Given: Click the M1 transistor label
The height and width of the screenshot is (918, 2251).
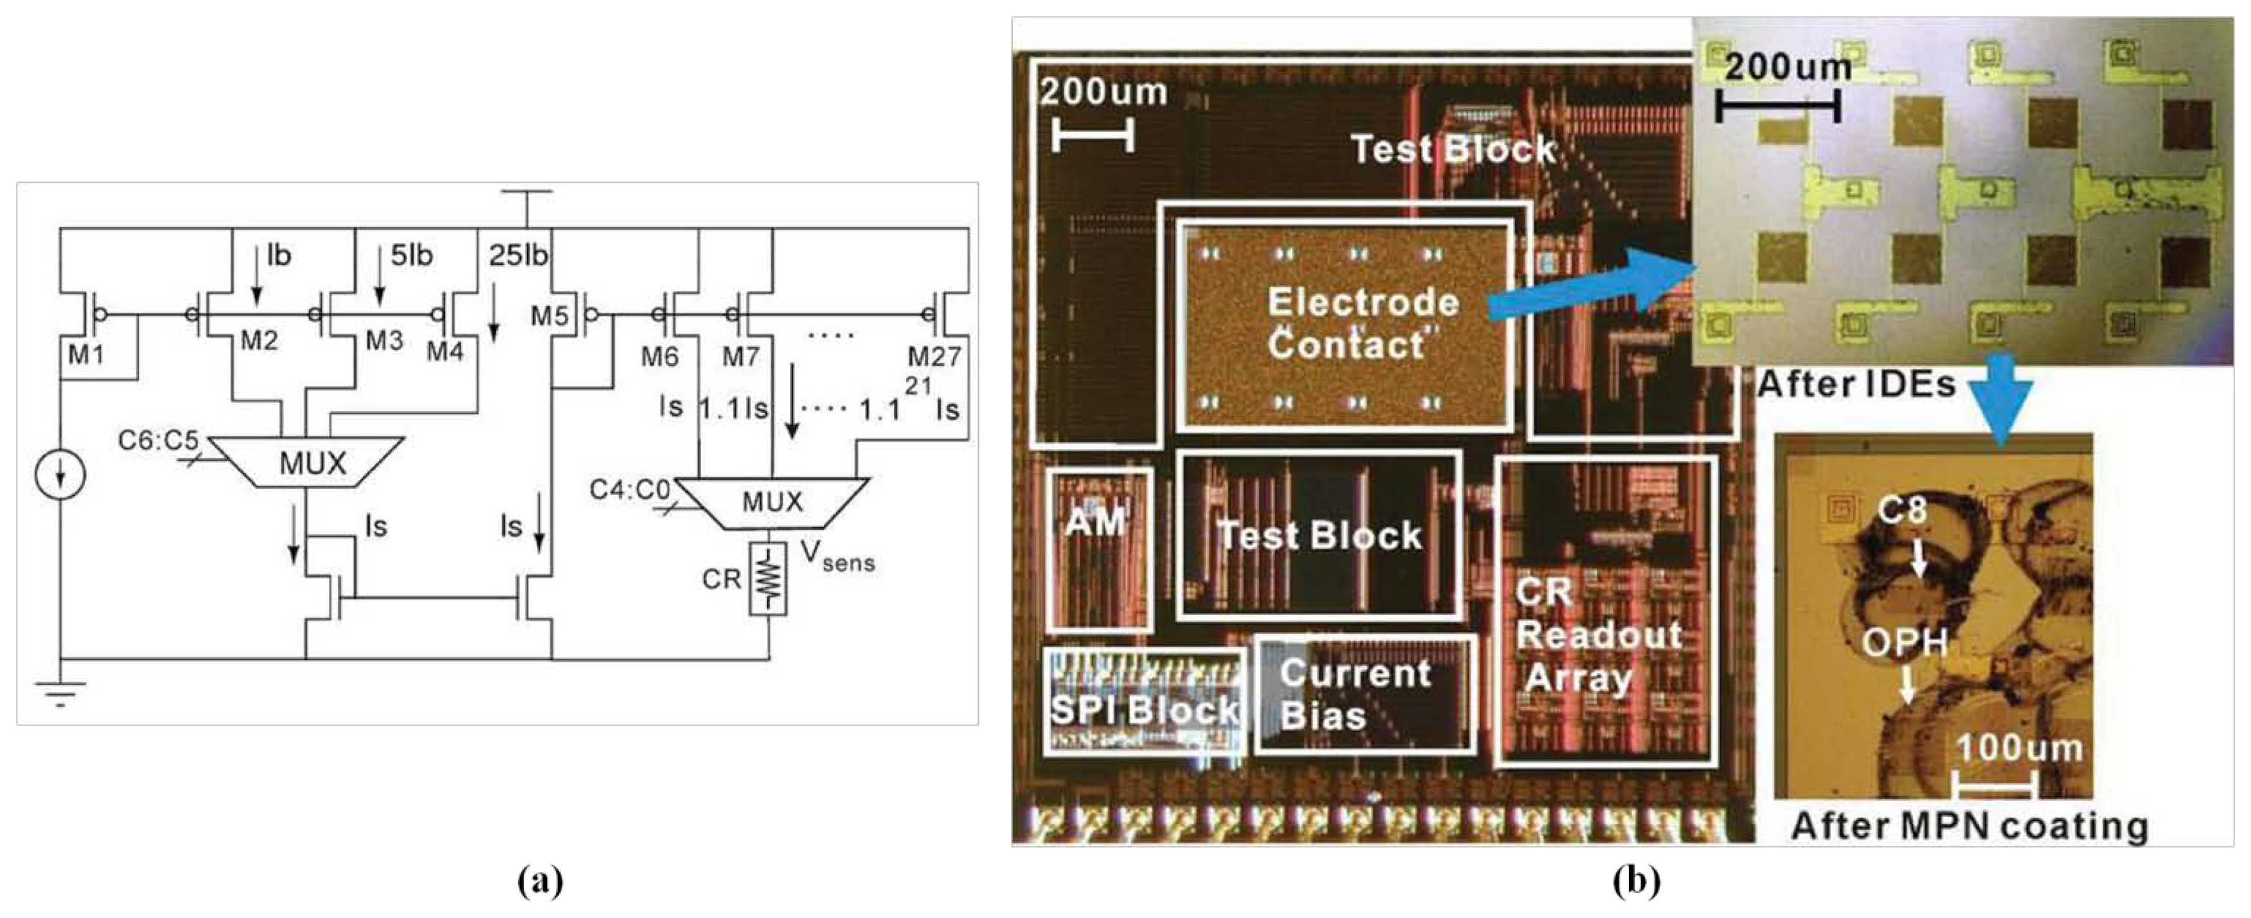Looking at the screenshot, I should pyautogui.click(x=85, y=355).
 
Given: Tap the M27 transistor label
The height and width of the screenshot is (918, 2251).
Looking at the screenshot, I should pyautogui.click(x=933, y=357).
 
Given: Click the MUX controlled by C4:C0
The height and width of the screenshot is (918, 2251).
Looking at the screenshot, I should pyautogui.click(x=773, y=502).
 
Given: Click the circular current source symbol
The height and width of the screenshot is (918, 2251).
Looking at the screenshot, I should pyautogui.click(x=61, y=476).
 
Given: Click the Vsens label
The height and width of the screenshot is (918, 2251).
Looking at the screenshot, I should pyautogui.click(x=837, y=556).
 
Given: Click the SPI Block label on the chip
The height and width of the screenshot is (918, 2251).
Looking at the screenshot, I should pyautogui.click(x=1144, y=710).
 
